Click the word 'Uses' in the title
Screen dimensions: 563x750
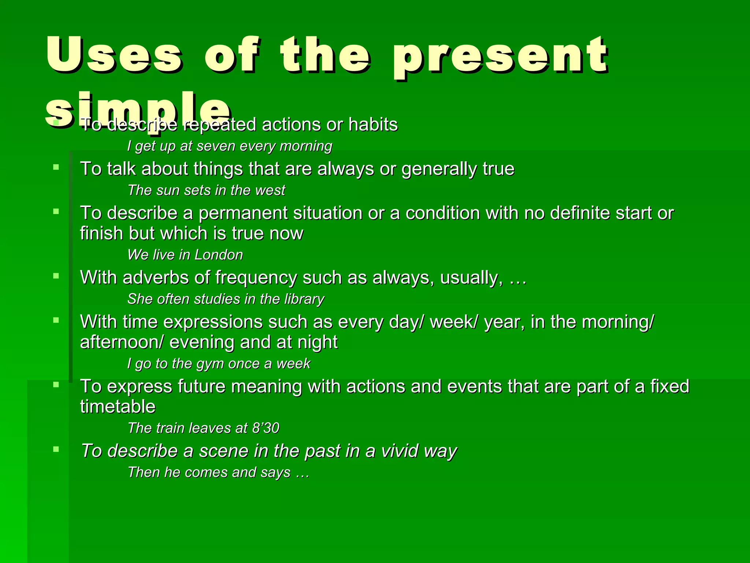click(114, 55)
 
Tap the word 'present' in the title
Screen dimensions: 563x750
click(500, 57)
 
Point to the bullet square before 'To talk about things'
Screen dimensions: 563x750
click(56, 168)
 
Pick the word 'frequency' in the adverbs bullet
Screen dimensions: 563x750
click(256, 278)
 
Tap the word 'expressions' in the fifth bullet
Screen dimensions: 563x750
click(212, 322)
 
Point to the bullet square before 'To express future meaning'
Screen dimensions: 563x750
click(56, 384)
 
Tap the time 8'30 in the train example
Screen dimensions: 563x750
click(266, 428)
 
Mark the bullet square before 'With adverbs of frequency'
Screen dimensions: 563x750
click(56, 276)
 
